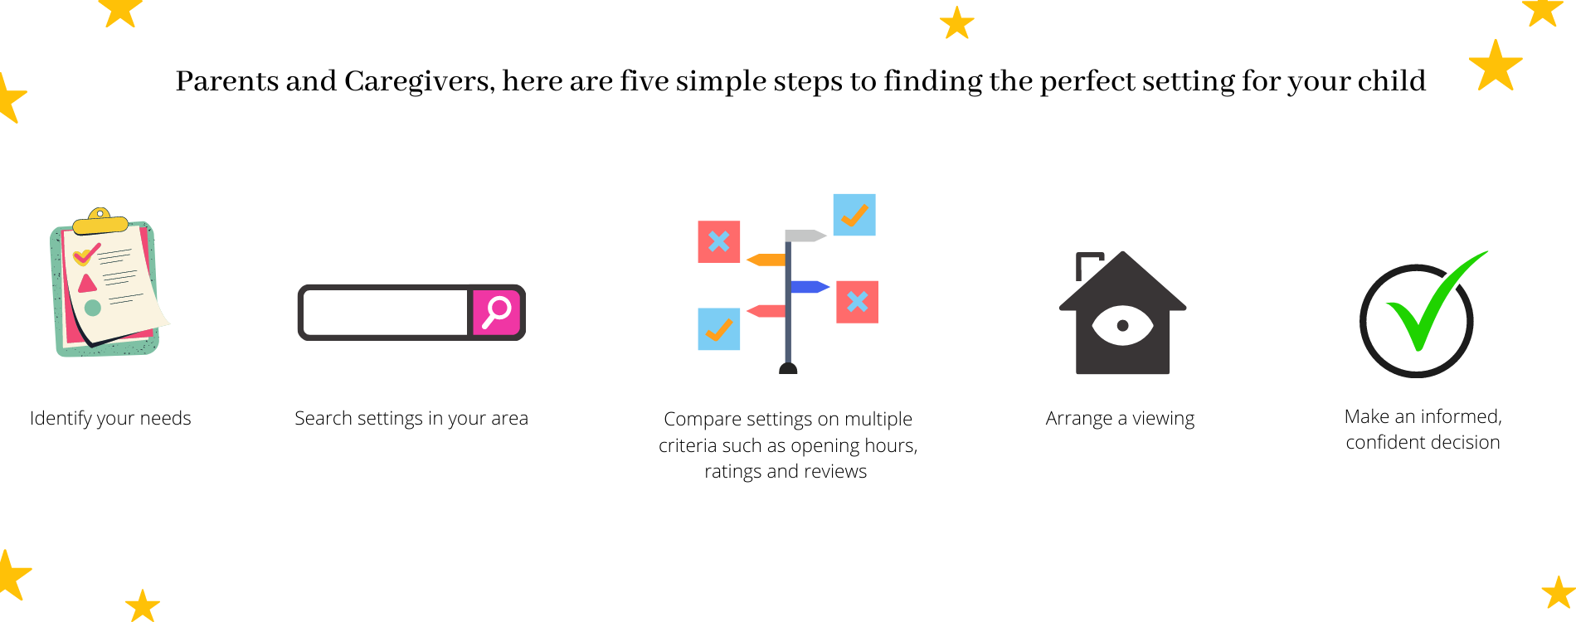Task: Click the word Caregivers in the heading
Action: coord(420,81)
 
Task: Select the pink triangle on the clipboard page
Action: coord(87,284)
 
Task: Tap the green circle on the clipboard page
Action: coord(93,308)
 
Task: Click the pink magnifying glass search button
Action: coord(497,313)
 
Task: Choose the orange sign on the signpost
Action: coord(766,260)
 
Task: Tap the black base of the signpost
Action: coord(788,368)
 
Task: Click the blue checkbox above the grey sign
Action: coord(854,215)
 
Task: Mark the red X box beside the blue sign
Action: coord(858,302)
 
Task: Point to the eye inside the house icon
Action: coord(1122,325)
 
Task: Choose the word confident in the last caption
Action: coord(1384,442)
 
